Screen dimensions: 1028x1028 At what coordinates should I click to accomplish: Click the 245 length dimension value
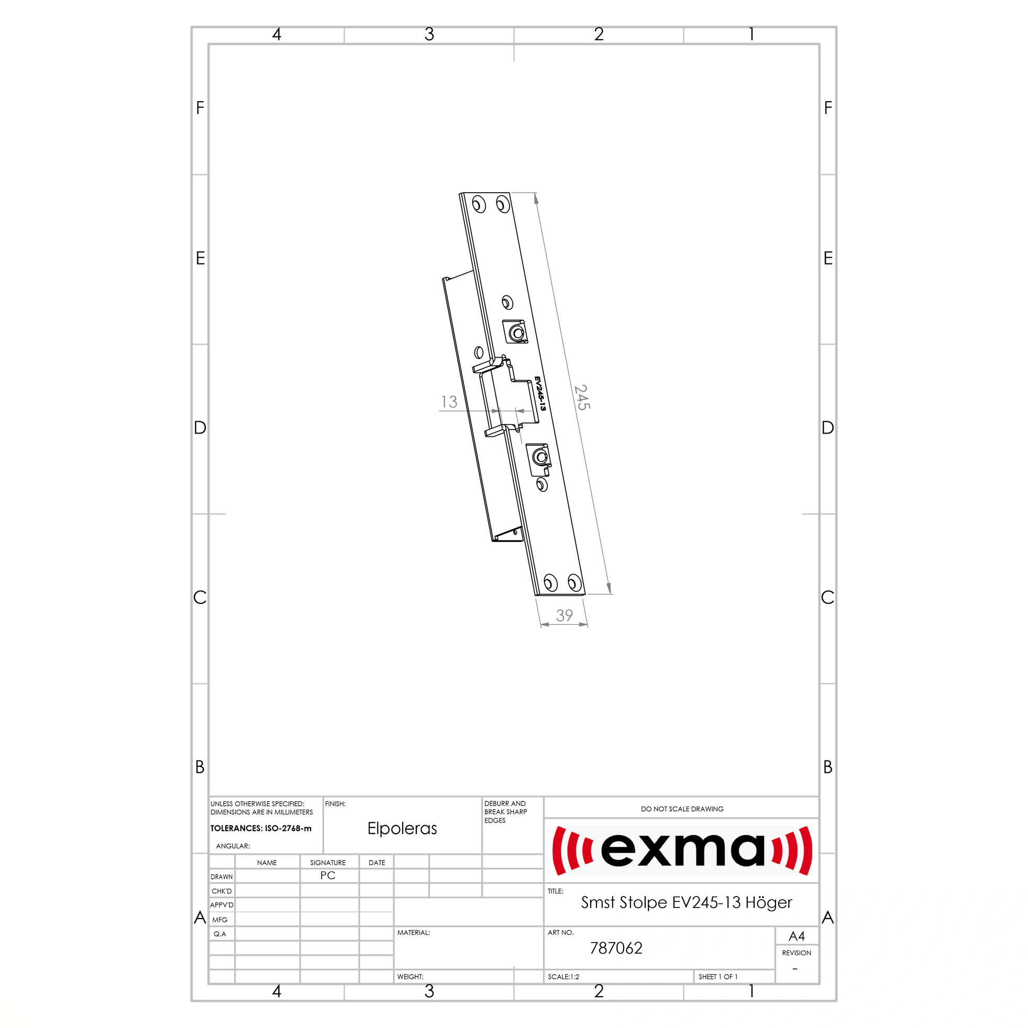point(582,397)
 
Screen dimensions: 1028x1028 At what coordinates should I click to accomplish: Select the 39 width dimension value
point(565,616)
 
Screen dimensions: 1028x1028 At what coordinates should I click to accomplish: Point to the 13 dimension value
point(449,402)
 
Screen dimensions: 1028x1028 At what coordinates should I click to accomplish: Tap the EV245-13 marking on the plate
point(540,394)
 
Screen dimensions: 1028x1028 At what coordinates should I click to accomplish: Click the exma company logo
point(682,850)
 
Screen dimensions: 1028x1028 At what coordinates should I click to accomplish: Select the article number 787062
point(616,948)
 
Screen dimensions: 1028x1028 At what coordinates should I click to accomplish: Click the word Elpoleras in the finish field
point(402,828)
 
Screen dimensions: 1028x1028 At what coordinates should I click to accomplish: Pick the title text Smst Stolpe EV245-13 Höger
point(687,902)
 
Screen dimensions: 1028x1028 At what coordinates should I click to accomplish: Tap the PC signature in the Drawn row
point(328,875)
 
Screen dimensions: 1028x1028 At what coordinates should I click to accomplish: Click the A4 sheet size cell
point(797,936)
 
